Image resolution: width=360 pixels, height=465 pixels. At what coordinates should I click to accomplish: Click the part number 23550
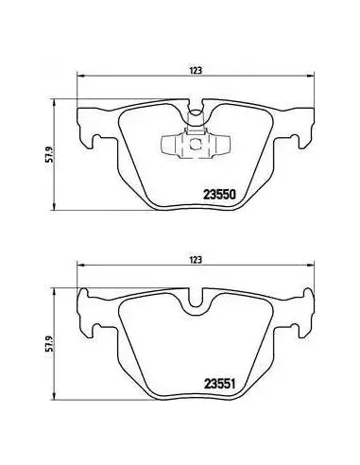coord(220,195)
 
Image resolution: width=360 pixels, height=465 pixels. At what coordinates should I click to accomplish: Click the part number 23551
coord(220,384)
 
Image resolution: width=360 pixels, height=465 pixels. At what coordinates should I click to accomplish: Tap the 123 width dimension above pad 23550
coord(196,70)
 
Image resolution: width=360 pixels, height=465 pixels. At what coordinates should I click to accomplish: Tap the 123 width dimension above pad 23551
coord(196,260)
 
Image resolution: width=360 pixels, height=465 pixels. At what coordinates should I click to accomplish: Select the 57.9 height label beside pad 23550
coord(49,154)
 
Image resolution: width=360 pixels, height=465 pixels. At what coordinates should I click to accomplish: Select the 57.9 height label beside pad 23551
coord(49,343)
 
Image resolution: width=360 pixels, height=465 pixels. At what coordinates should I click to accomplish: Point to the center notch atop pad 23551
coord(196,299)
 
